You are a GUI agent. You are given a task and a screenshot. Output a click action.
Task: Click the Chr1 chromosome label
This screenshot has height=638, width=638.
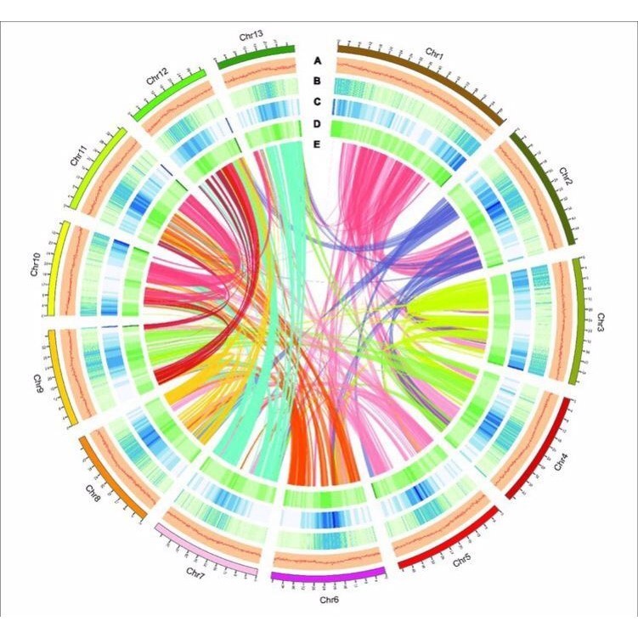(435, 54)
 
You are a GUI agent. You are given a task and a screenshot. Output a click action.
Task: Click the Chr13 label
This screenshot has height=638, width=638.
(251, 36)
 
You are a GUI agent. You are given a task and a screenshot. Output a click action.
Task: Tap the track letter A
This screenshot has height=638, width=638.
(317, 61)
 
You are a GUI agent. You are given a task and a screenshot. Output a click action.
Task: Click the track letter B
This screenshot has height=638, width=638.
(317, 82)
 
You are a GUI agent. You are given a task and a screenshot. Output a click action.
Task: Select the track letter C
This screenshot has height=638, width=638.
(317, 102)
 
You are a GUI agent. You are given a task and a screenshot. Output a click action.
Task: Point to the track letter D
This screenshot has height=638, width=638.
(317, 123)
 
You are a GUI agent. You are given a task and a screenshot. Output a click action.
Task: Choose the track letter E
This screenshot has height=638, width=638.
(317, 144)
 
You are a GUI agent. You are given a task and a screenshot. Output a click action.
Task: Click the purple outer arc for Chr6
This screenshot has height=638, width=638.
(327, 578)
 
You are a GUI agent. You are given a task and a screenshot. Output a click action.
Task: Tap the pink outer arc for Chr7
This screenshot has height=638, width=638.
(206, 551)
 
